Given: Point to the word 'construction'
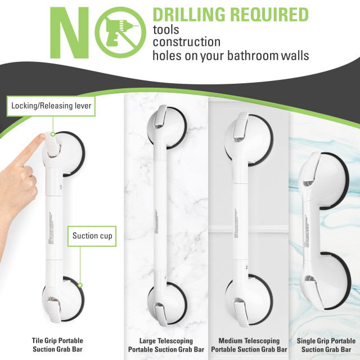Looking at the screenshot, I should [186, 42].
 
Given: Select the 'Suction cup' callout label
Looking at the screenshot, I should [93, 236].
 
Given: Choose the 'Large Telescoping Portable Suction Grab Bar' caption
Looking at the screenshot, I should [166, 344].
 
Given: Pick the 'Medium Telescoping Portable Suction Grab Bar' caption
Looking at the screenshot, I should [250, 344].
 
